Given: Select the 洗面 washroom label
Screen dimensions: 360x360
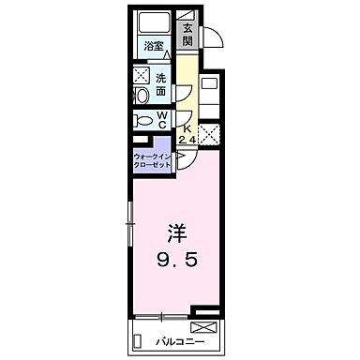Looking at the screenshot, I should pos(161,84).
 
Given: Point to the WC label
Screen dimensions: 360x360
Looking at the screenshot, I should pos(163,120).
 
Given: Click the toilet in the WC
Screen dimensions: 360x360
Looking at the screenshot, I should pos(144,119).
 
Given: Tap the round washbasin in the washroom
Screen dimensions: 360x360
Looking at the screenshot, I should pos(142,95).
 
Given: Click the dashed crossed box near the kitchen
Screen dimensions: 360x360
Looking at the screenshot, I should pos(208,135).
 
